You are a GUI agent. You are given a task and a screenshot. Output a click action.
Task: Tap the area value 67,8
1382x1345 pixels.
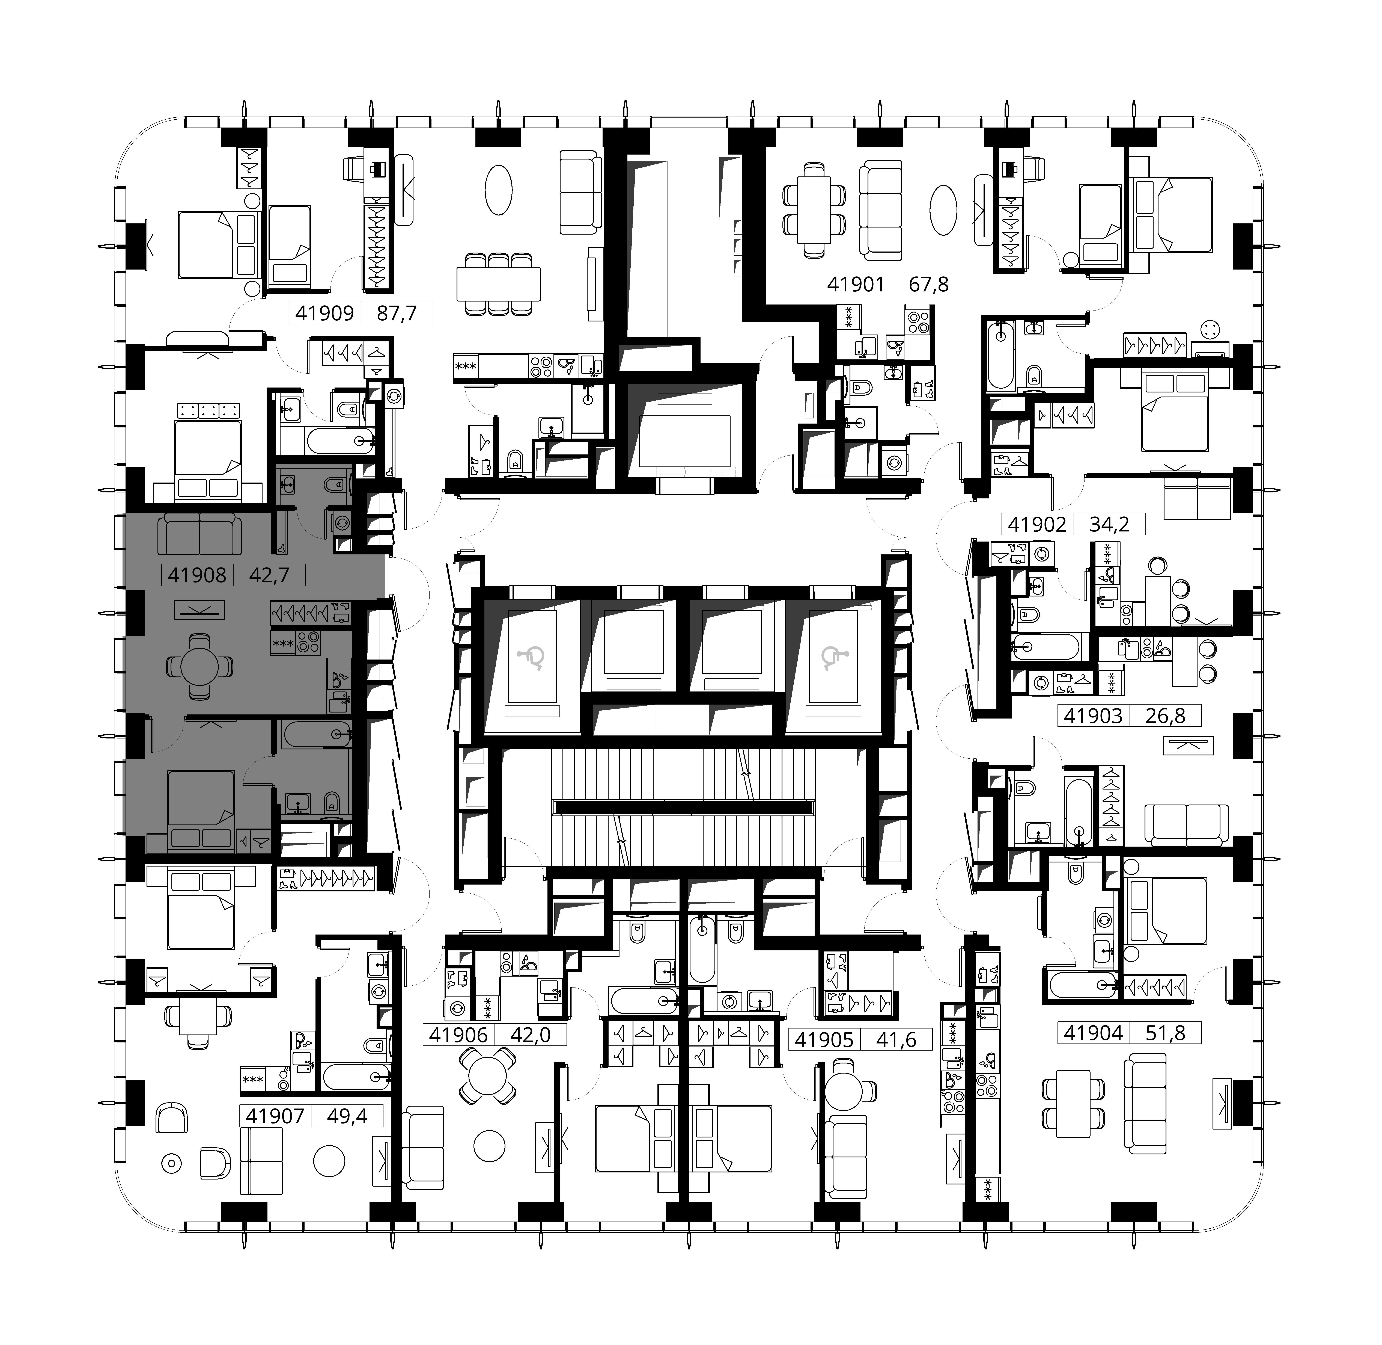[929, 285]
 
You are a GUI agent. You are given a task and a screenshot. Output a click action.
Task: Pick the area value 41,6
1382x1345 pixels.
[897, 1040]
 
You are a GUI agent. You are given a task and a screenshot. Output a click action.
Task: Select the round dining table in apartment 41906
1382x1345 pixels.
[488, 1077]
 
